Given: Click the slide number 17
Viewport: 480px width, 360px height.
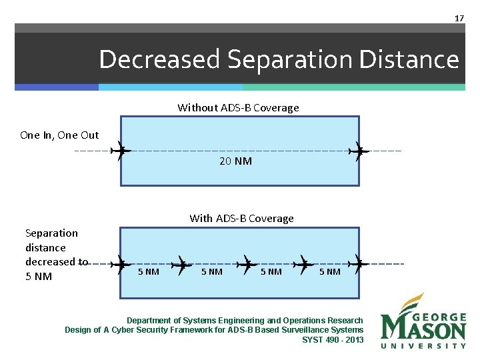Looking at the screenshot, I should tap(459, 18).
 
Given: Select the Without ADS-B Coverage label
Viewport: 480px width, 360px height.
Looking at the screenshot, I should tap(238, 107).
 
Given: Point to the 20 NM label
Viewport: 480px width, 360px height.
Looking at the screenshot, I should tap(235, 161).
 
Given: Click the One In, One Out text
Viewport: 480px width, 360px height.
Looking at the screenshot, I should tap(59, 135).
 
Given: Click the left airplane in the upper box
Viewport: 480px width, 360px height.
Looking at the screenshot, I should tap(121, 151).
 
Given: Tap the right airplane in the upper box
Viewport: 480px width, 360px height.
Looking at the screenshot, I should tap(360, 151).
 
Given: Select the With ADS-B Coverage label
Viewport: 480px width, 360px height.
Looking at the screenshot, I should tap(241, 218).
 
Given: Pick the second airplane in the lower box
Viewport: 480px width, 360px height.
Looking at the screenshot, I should tap(181, 264).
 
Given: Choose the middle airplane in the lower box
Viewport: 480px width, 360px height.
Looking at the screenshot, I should tap(247, 264).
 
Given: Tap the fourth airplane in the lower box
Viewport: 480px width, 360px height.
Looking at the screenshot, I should tap(304, 264).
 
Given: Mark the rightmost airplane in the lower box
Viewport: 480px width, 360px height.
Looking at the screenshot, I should tap(360, 264).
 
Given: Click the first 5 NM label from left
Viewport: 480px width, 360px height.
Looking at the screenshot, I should tap(148, 271).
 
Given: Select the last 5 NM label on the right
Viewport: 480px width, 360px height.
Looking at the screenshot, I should tap(329, 271).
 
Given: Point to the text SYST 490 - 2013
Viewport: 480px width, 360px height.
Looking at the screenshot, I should tap(333, 339).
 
